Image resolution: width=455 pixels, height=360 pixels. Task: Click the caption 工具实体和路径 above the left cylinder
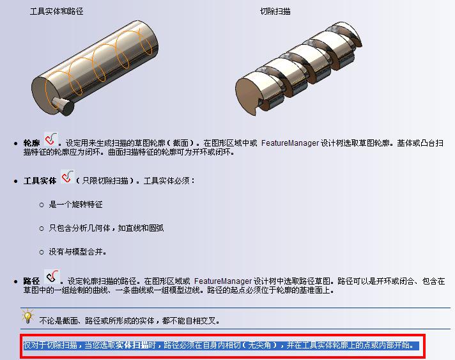57,12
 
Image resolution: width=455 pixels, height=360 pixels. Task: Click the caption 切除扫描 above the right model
275,12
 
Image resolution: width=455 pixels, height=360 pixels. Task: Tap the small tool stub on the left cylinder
63,106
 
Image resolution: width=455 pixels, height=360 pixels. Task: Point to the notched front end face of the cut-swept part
248,96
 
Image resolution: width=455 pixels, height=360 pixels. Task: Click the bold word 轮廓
31,143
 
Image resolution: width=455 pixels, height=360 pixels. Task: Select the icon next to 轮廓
50,139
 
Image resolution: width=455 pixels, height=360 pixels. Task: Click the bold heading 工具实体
40,181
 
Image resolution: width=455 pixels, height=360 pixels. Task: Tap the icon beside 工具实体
68,177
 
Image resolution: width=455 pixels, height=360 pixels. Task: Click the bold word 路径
31,281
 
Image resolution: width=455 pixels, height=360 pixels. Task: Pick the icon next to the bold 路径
52,276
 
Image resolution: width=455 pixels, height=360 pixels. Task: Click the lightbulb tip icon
27,316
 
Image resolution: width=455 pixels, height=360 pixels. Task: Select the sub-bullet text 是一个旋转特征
75,205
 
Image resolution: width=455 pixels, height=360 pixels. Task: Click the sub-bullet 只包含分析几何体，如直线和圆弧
106,228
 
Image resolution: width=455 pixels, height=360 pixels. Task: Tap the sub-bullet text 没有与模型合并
77,251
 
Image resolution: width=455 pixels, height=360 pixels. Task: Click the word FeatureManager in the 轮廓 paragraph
290,143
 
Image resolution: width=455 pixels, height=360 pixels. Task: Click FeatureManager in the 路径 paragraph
223,281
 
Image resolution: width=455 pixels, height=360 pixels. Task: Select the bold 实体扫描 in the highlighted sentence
132,345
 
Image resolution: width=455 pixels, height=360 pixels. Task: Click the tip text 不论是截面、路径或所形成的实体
96,321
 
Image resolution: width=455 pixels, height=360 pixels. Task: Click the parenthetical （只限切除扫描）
105,181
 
